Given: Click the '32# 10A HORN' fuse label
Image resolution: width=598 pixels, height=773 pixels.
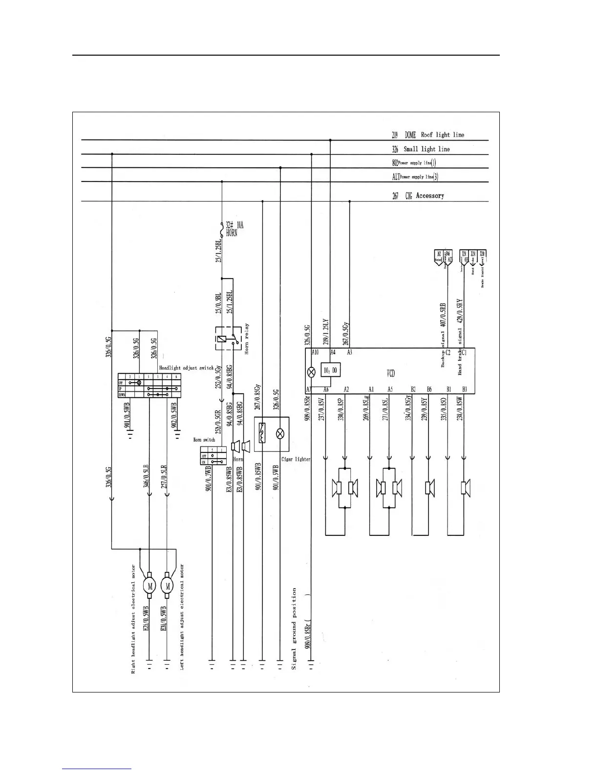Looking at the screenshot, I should click(234, 229).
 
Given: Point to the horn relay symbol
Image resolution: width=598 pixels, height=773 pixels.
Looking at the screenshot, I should click(228, 338).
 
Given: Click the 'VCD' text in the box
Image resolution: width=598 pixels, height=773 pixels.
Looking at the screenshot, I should click(391, 373).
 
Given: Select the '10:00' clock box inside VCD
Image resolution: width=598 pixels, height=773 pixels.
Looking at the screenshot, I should click(331, 370).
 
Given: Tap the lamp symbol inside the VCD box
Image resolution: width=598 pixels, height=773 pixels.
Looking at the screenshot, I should click(311, 372).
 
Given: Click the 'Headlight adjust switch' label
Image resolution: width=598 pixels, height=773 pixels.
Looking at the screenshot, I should click(186, 367).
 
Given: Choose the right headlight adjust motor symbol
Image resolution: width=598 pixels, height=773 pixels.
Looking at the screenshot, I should click(150, 586).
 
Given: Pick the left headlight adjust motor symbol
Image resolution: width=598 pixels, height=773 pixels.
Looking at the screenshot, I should click(168, 586).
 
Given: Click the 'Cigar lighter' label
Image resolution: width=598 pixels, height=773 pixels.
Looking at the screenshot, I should click(296, 459).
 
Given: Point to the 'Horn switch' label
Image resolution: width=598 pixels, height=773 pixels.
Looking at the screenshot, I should click(204, 440).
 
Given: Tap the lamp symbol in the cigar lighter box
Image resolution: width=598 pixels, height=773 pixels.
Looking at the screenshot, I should click(280, 433).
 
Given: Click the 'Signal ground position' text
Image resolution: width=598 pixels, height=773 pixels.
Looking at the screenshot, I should click(294, 628).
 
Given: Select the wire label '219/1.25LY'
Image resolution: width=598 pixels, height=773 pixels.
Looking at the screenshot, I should click(326, 332).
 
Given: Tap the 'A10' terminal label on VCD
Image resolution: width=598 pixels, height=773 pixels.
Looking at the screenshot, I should click(315, 352).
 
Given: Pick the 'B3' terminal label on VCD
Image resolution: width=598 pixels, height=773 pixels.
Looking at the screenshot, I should click(464, 389).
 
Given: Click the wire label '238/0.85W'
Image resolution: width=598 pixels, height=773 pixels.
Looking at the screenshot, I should click(460, 409).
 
